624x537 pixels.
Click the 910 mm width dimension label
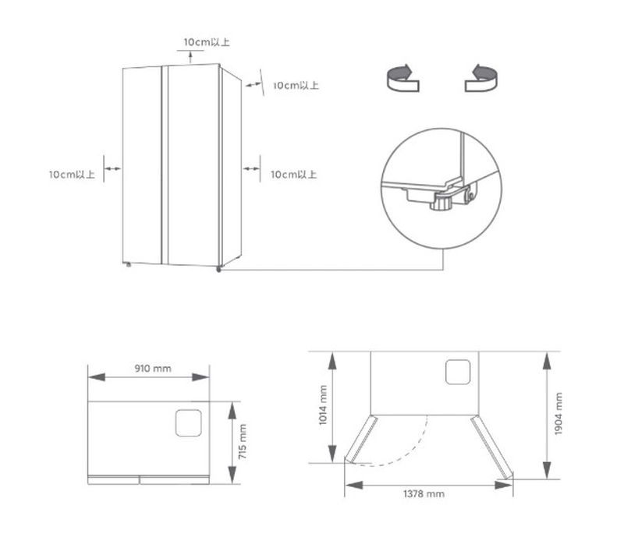pyautogui.click(x=152, y=368)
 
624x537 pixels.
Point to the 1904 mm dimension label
pyautogui.click(x=558, y=413)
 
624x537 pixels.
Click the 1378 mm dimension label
pyautogui.click(x=425, y=494)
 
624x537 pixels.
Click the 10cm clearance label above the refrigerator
pyautogui.click(x=206, y=41)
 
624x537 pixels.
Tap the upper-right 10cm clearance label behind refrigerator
pyautogui.click(x=295, y=85)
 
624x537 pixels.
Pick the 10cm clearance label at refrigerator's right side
pyautogui.click(x=293, y=175)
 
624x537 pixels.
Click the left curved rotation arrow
pyautogui.click(x=403, y=79)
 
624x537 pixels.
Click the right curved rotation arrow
pyautogui.click(x=482, y=79)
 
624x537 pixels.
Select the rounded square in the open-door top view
pyautogui.click(x=458, y=372)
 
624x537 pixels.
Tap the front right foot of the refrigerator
pyautogui.click(x=219, y=270)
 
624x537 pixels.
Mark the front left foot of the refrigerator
pyautogui.click(x=127, y=265)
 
